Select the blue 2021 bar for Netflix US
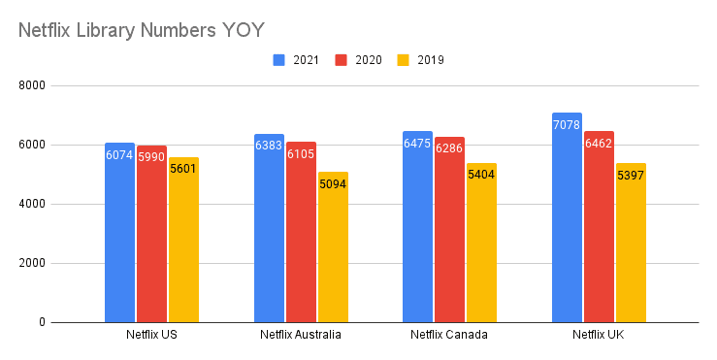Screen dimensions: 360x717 click(x=120, y=233)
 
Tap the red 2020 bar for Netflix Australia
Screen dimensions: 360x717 click(x=301, y=233)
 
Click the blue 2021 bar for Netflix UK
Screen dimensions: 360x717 click(x=568, y=218)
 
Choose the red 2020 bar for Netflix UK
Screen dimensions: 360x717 click(x=599, y=227)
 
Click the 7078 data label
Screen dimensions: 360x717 click(x=568, y=125)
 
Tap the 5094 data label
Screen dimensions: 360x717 click(x=332, y=183)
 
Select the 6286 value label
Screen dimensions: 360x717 click(x=450, y=148)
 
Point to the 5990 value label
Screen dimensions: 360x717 click(x=151, y=157)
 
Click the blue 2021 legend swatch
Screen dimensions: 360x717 click(x=278, y=60)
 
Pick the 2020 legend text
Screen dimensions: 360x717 click(x=368, y=60)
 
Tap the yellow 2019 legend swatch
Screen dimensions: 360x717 click(x=404, y=60)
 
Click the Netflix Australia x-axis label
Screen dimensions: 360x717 click(x=301, y=336)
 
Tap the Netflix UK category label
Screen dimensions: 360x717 click(x=599, y=336)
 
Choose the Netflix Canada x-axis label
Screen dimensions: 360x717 click(x=449, y=336)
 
